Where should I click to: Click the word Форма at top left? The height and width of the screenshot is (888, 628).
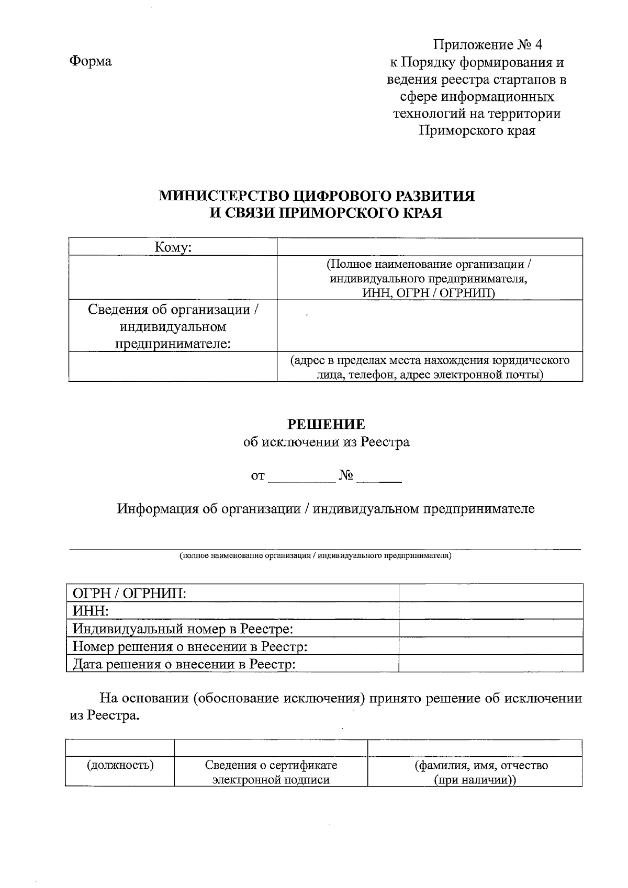tap(91, 61)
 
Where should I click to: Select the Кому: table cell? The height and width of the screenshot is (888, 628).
tap(173, 247)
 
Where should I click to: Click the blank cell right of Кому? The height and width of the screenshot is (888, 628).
tap(429, 247)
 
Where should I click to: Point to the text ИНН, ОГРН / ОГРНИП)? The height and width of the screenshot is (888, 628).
tap(429, 292)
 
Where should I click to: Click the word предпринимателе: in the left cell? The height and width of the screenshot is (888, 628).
tap(173, 344)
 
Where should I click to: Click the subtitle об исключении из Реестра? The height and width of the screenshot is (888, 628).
tap(327, 442)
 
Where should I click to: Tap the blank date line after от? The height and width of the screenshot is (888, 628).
tap(301, 477)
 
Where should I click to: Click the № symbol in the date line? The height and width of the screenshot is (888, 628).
tap(346, 476)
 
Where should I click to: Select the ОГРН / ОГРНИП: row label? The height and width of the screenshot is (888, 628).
tap(130, 593)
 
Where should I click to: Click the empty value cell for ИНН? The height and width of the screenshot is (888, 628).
tap(490, 611)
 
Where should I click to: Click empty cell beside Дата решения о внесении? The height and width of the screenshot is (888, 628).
tap(490, 664)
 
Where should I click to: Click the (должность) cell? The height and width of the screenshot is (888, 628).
tap(120, 766)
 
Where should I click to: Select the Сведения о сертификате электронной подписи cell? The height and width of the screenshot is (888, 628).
tap(271, 772)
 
